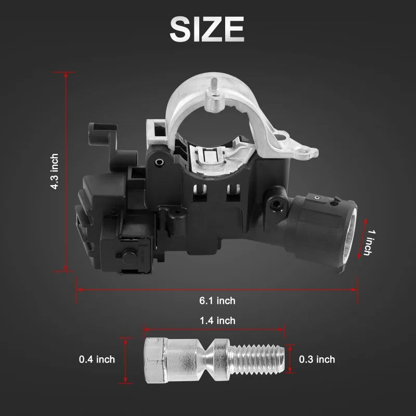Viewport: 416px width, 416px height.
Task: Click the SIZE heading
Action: click(x=206, y=29)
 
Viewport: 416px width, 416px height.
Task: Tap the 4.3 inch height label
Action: click(x=55, y=172)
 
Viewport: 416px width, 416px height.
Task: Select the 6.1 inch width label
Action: click(x=217, y=301)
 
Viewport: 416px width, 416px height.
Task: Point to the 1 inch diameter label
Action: click(x=370, y=242)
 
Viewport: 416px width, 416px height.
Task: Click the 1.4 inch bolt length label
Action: click(x=217, y=321)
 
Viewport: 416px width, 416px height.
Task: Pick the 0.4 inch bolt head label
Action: click(x=97, y=359)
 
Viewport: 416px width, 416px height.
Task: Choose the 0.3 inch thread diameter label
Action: click(x=317, y=359)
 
